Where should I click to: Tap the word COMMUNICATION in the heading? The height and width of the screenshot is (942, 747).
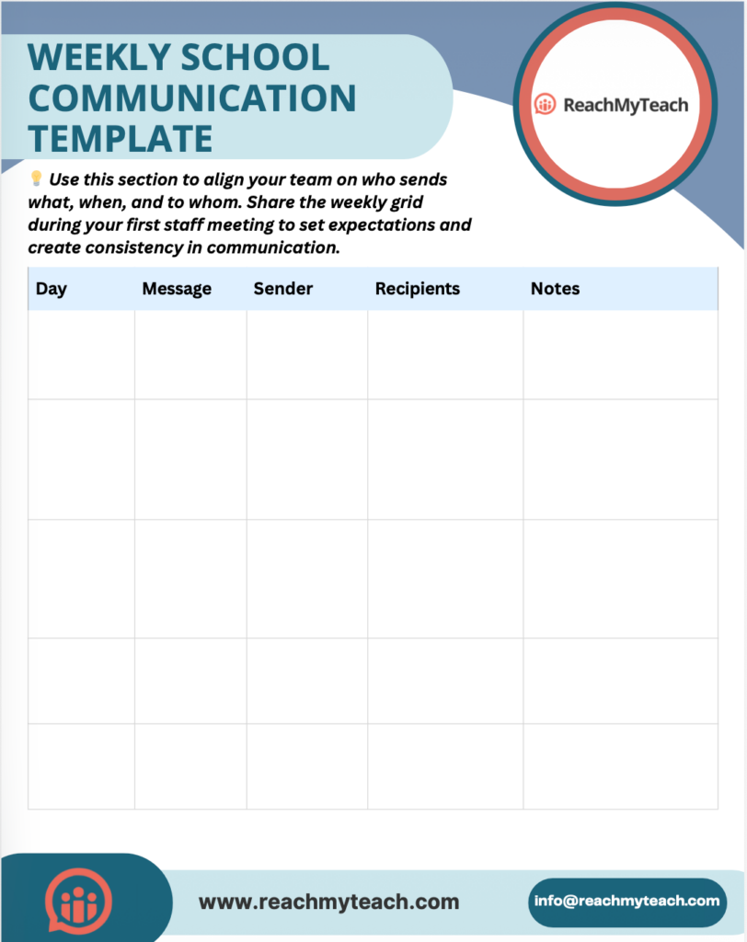(x=192, y=98)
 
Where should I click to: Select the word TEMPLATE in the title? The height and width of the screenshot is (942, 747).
(x=121, y=138)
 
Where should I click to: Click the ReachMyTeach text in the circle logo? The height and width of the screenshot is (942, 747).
(x=626, y=105)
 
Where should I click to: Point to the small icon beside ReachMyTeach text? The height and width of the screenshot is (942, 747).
(x=546, y=105)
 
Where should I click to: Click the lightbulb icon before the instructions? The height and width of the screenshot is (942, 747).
(x=37, y=178)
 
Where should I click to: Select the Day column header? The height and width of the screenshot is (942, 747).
(x=52, y=289)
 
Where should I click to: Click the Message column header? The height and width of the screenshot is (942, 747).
(x=177, y=289)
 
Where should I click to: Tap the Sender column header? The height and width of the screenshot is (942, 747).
(x=283, y=289)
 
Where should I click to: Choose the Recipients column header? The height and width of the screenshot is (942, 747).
(x=418, y=289)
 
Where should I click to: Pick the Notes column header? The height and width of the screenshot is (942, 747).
(x=555, y=289)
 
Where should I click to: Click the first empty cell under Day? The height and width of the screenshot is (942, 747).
(x=81, y=354)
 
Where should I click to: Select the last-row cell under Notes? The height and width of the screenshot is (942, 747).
(x=620, y=766)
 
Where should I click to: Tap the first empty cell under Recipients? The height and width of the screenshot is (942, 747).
(x=445, y=354)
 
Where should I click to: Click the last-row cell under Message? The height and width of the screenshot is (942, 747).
(x=190, y=766)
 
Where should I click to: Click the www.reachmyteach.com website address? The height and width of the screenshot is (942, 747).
(x=328, y=902)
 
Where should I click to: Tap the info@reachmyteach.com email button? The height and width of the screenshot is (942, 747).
(x=627, y=901)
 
